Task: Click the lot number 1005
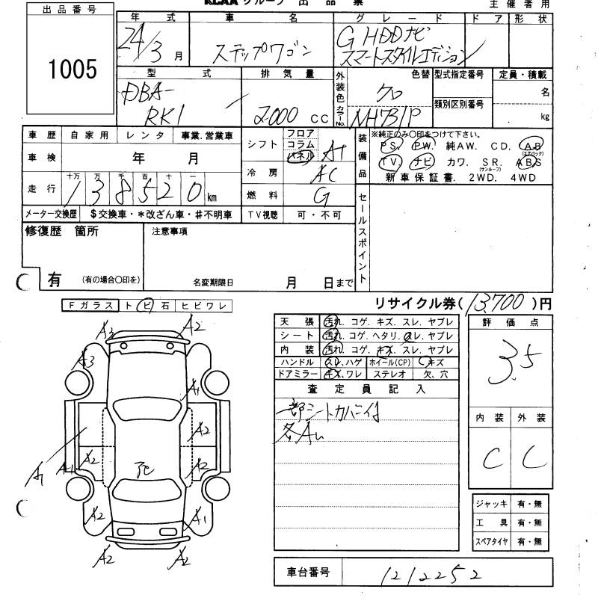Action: pyautogui.click(x=73, y=70)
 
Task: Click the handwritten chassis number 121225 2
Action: pyautogui.click(x=431, y=574)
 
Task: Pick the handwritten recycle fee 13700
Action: pyautogui.click(x=499, y=303)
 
